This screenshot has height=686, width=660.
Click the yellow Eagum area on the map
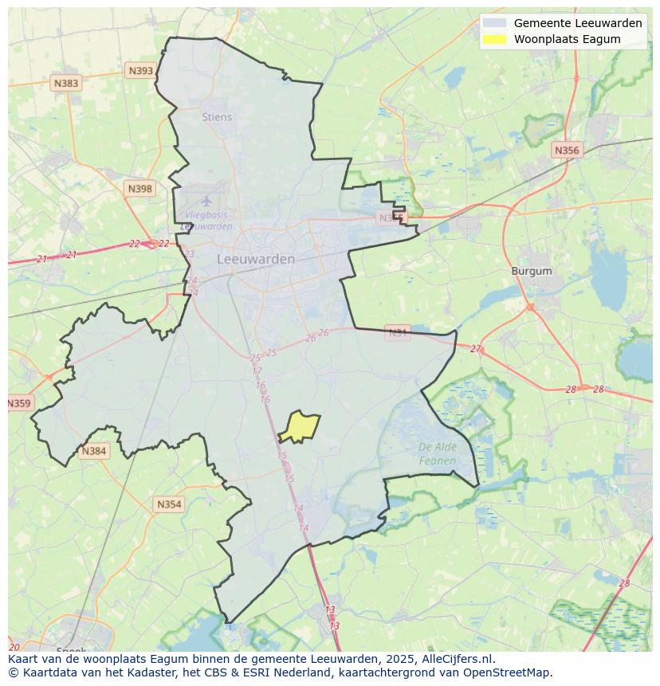[x=300, y=426]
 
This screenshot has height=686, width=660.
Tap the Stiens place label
[x=217, y=117]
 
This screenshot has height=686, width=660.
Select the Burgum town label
[x=531, y=271]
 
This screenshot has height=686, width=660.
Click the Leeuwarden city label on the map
[x=256, y=259]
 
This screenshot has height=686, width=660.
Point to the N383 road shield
[x=66, y=83]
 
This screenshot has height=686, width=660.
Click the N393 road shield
[x=140, y=71]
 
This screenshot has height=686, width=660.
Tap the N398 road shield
[x=139, y=189]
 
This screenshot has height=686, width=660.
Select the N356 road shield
[x=567, y=150]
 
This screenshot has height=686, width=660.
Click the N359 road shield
[x=19, y=403]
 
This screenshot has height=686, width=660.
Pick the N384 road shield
[x=93, y=451]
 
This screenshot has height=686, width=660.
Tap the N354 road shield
[x=169, y=504]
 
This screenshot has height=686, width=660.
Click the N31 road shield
[x=397, y=332]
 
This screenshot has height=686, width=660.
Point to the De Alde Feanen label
[x=438, y=453]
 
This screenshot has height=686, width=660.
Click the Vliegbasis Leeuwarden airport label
[x=206, y=221]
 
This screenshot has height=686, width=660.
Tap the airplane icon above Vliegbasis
[x=207, y=201]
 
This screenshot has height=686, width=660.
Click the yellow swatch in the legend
[x=494, y=39]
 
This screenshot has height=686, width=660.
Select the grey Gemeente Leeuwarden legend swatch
[x=494, y=23]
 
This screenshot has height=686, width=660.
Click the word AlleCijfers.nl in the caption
[x=458, y=659]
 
